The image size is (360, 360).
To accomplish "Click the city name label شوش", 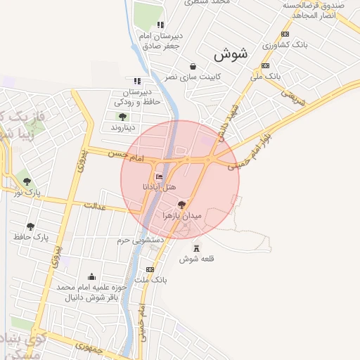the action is tap(231, 53).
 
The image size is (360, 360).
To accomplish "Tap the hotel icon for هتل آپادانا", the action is tap(159, 176).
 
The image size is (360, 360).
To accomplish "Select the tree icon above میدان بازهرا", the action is tap(182, 203).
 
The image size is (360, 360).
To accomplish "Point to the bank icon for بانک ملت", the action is tap(150, 270).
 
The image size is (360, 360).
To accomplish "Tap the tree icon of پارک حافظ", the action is tap(30, 226).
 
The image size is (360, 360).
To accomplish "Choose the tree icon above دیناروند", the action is tap(123, 117).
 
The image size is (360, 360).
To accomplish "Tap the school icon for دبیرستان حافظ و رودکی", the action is tap(136, 81).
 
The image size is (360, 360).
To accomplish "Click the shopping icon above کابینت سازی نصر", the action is tap(193, 66).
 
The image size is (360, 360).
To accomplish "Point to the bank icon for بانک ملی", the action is tap(265, 65).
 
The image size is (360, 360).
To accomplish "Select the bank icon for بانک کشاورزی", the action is tap(285, 34).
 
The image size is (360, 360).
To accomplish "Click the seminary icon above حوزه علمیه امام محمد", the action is tap(91, 277).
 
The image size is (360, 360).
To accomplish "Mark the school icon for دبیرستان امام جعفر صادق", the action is tap(161, 25).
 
